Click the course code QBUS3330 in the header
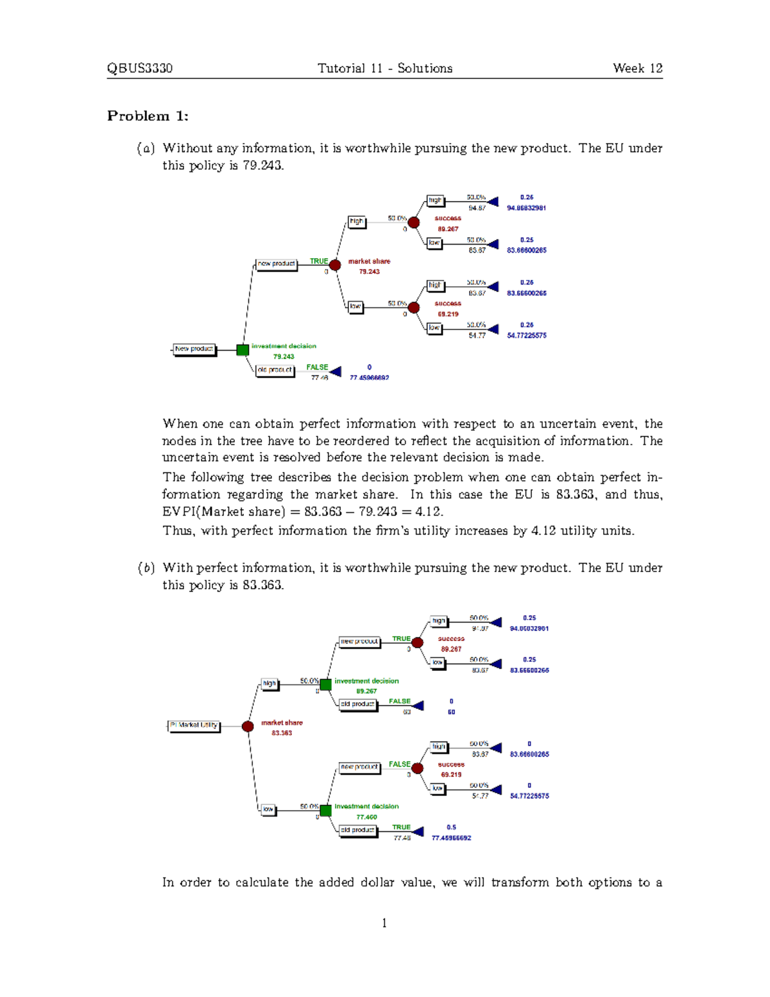139,69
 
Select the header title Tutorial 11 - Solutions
384,69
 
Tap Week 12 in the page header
637,69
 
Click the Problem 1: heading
148,116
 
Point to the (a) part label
146,148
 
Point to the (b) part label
146,568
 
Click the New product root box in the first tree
194,349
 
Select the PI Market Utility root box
194,725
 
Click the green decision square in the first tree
243,350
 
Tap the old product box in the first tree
275,370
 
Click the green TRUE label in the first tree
319,261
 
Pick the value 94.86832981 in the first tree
526,208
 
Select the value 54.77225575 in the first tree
526,335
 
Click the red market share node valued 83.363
248,726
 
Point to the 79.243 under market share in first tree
369,272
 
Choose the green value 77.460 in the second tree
366,817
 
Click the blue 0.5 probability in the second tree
451,828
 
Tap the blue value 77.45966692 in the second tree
451,838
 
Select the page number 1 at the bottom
384,923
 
